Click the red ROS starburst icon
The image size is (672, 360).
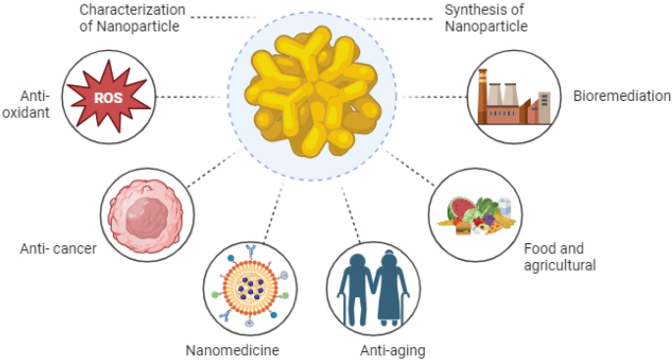pos(108,96)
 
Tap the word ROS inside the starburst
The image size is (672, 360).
pos(108,97)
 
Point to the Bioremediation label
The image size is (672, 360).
pos(622,96)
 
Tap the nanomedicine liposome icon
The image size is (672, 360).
pos(248,285)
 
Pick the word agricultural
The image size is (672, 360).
pos(560,265)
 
